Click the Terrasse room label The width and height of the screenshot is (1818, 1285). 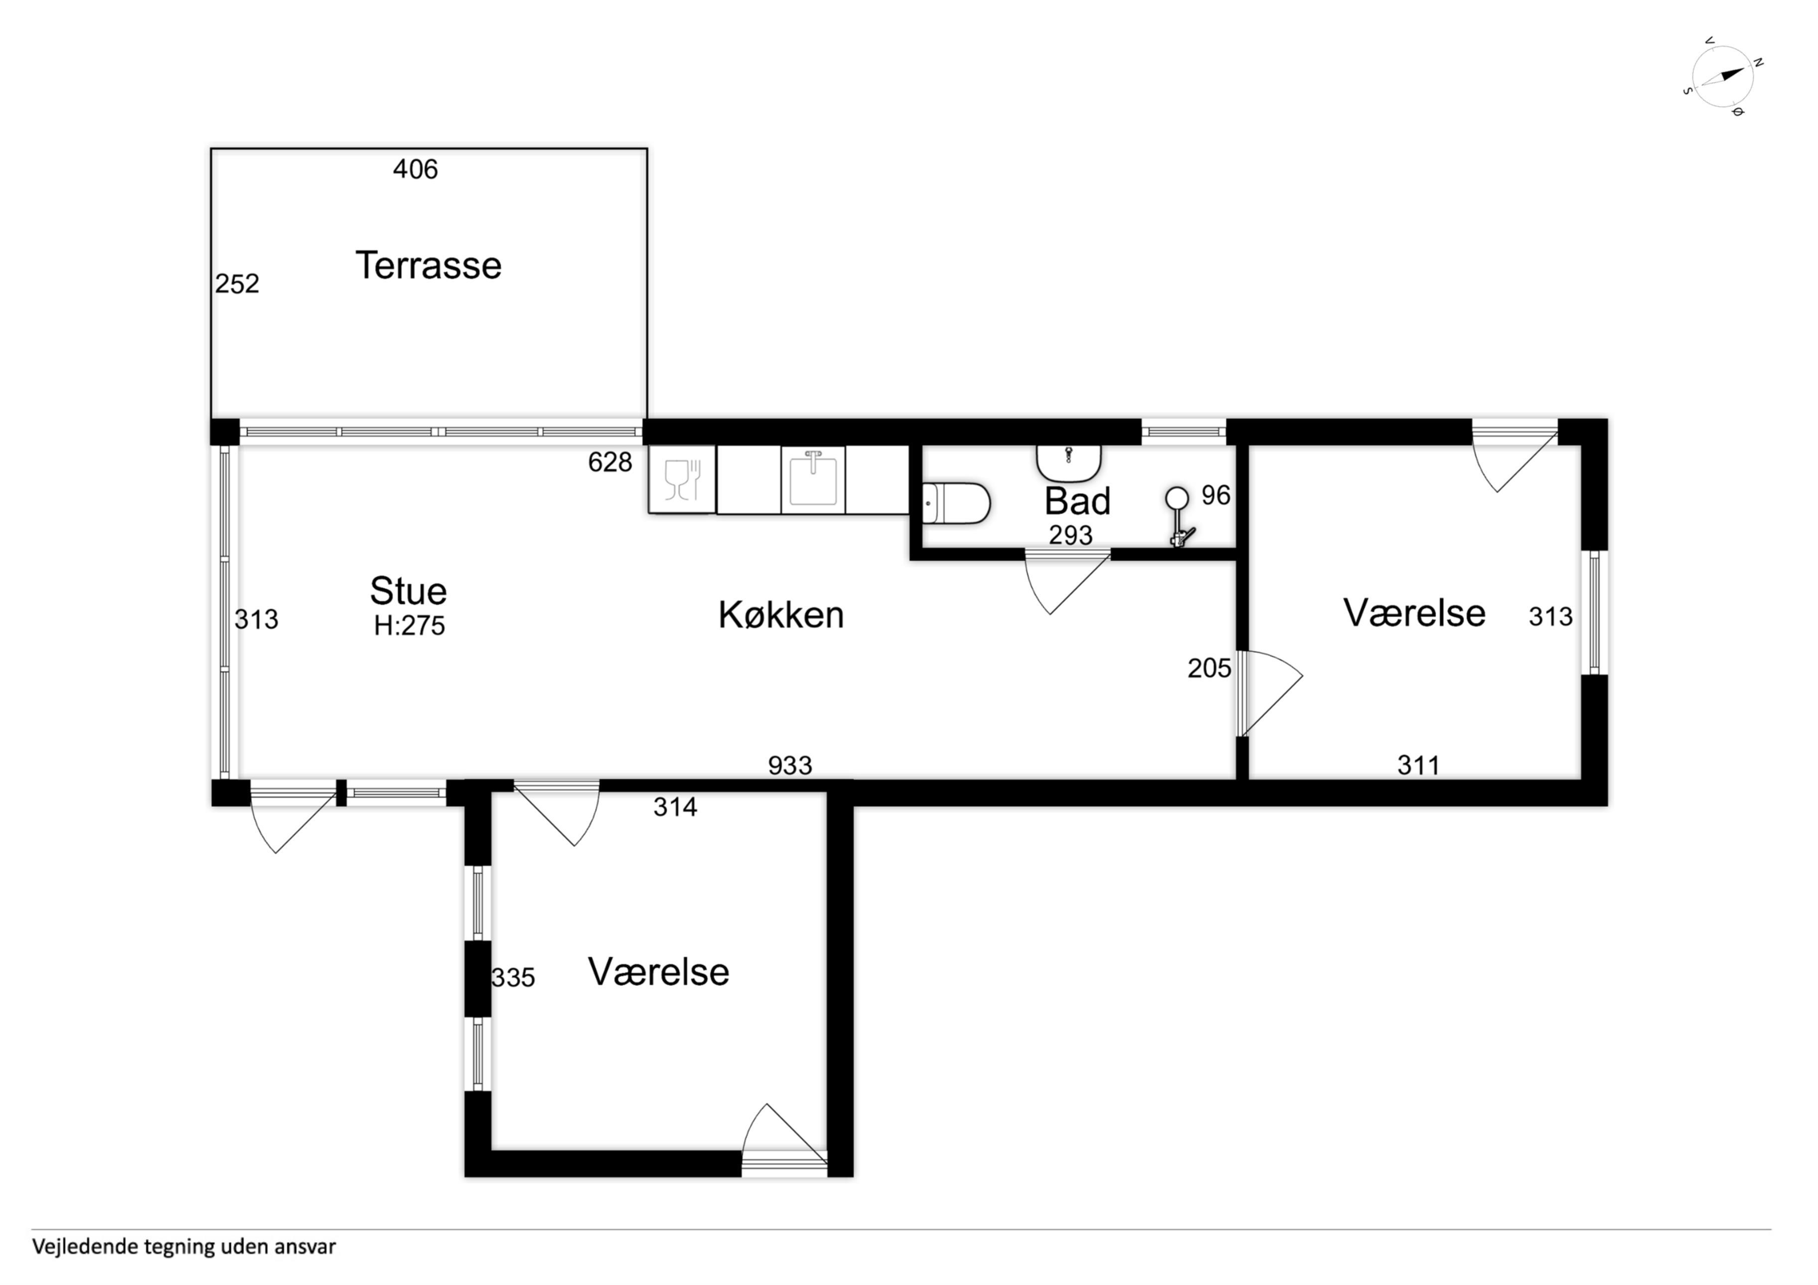pyautogui.click(x=429, y=265)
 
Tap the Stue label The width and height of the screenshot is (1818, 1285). pyautogui.click(x=409, y=590)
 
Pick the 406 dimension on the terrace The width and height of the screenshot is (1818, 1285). pyautogui.click(x=416, y=168)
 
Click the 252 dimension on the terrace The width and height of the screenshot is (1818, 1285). pyautogui.click(x=238, y=284)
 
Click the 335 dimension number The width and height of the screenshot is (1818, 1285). pyautogui.click(x=513, y=978)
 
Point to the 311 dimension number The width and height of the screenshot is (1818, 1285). pyautogui.click(x=1418, y=765)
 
